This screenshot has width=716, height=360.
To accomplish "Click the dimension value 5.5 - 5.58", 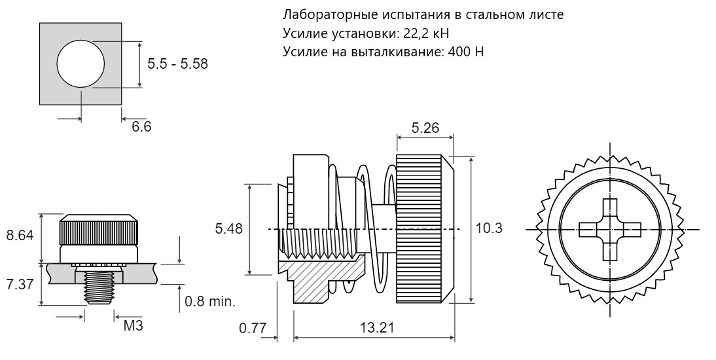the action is coord(177,63).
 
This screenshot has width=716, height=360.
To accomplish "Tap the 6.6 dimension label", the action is coord(141,126).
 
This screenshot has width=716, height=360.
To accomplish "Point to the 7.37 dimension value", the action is coord(20,283).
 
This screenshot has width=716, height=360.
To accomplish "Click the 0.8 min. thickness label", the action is coord(210,302).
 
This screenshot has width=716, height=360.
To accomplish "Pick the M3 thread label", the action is coord(134,326).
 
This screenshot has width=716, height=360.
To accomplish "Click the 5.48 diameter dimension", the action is coord(229,228).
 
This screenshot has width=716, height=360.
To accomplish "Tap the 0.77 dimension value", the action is coord(253,328).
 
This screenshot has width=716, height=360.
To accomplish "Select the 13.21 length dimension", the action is coord(374,327).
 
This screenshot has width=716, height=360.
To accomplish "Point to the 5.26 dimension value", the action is coord(425,128).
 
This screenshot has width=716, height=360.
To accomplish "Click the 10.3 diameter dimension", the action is coord(489,228).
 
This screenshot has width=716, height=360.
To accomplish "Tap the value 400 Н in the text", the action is coord(466,52).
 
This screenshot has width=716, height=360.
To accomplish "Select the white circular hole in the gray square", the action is coord(81,63).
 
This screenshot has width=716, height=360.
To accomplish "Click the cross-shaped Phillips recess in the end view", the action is coord(610,229).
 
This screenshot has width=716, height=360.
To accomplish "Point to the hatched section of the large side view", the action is coord(319,279).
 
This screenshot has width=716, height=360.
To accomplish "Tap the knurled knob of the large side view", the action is coord(425,229).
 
